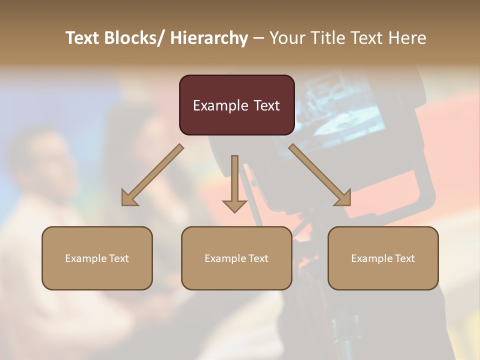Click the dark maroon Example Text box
(236, 105)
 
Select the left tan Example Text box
(97, 258)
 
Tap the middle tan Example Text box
(236, 258)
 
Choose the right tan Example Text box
(383, 258)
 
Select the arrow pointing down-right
(320, 175)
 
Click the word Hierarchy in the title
(209, 38)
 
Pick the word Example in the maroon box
(220, 105)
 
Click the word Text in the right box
(405, 258)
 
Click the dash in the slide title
(258, 38)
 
